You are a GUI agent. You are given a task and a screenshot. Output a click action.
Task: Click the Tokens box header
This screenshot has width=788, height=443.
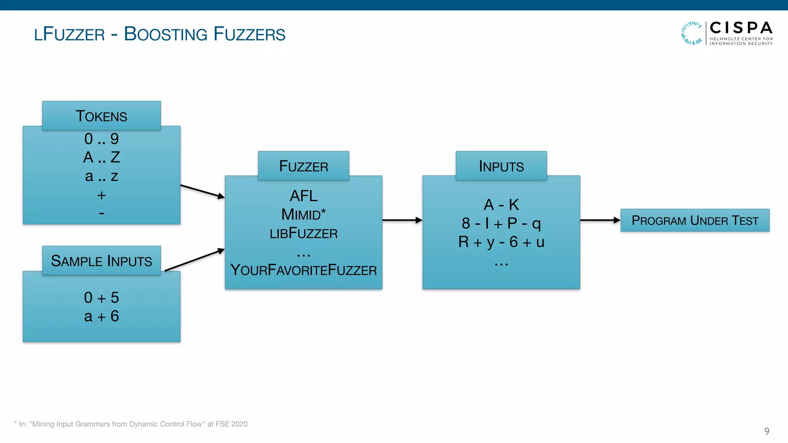pos(101,116)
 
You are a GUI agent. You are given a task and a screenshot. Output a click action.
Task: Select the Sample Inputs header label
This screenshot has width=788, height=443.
pos(101,261)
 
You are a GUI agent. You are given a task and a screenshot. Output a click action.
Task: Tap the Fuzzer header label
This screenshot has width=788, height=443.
pos(304,166)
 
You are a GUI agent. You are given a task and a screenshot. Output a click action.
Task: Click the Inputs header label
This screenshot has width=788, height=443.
pos(501,166)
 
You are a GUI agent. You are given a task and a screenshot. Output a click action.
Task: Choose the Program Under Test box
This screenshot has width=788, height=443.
pos(695,220)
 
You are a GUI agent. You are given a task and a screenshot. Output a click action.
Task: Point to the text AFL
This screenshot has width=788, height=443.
pos(304,196)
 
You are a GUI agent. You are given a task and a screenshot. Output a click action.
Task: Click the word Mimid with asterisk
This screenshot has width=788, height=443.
pos(304,215)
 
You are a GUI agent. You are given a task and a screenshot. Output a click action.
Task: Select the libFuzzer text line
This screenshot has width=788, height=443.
pos(304,233)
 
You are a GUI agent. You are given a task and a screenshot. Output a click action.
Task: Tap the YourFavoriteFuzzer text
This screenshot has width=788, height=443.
pos(304,270)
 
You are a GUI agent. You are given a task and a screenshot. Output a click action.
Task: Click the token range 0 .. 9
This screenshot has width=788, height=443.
pos(101,139)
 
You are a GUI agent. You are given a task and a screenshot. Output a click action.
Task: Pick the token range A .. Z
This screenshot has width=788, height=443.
pos(101,157)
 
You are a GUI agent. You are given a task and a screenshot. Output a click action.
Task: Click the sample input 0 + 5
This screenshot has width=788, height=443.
pos(101,298)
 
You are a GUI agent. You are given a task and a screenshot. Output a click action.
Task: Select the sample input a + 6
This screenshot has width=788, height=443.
pos(101,316)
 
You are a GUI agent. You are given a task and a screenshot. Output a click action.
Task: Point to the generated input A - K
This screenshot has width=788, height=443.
pos(501,205)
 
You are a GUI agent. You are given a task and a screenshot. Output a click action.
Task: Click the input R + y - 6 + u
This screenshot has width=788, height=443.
pos(501,242)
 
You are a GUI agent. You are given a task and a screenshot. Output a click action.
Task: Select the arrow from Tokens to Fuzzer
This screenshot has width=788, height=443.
pos(202,191)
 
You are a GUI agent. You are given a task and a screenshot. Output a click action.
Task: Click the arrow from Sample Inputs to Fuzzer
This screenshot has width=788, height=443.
pos(195,260)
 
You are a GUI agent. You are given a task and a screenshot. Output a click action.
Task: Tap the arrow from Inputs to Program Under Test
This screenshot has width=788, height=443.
pos(600,220)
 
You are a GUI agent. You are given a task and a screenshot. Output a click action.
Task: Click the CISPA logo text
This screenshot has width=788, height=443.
pos(741,28)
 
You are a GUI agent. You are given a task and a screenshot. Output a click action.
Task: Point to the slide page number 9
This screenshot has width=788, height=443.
pos(766,431)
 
